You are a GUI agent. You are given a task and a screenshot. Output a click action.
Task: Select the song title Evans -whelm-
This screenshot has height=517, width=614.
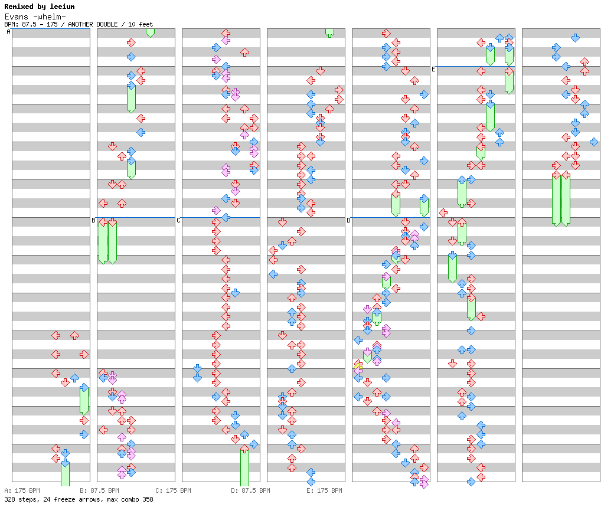pyautogui.click(x=35, y=17)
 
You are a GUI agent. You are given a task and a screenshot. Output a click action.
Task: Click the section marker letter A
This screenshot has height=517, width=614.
pyautogui.click(x=8, y=32)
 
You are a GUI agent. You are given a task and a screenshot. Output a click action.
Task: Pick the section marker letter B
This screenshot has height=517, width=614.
pyautogui.click(x=93, y=221)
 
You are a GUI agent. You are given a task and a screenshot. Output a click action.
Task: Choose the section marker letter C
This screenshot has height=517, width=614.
pyautogui.click(x=178, y=221)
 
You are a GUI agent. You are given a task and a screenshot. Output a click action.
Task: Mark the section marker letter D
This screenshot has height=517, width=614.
pyautogui.click(x=348, y=221)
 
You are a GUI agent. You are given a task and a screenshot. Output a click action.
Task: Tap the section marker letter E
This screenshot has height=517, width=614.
pyautogui.click(x=433, y=70)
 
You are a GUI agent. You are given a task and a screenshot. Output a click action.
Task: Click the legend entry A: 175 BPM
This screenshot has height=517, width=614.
pyautogui.click(x=22, y=490)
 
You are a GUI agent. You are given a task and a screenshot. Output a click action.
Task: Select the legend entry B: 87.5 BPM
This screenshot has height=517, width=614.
pyautogui.click(x=99, y=490)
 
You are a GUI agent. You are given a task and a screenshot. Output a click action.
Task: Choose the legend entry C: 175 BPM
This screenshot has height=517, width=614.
pyautogui.click(x=173, y=490)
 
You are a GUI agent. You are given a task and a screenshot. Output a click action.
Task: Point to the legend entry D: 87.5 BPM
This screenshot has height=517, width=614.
pyautogui.click(x=250, y=490)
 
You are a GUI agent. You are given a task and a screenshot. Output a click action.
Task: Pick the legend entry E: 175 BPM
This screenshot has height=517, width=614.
pyautogui.click(x=324, y=490)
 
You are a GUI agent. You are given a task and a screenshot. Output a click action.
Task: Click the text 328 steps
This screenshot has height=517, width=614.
pyautogui.click(x=18, y=499)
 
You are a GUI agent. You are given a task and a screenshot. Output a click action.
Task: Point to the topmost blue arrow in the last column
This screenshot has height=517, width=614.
pyautogui.click(x=575, y=38)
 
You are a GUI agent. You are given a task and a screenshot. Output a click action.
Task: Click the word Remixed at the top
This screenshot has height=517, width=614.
pyautogui.click(x=18, y=6)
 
